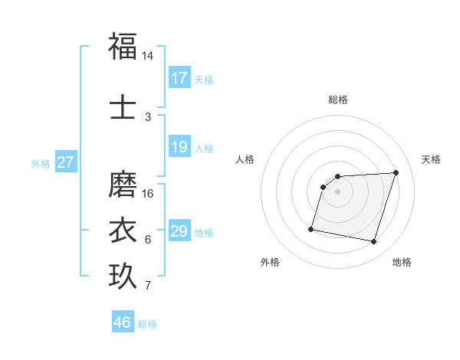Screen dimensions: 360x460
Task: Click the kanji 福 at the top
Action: coord(123,46)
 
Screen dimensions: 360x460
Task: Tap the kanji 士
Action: coord(123,107)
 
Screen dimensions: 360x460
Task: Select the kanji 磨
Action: coord(123,184)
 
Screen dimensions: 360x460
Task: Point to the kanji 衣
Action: coord(123,231)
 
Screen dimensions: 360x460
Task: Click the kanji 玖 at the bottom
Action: coord(123,277)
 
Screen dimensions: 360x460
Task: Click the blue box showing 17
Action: coord(179,78)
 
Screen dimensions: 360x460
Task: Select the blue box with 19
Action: coord(179,147)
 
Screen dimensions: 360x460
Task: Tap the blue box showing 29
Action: coord(179,231)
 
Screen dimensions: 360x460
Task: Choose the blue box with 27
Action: coord(66,162)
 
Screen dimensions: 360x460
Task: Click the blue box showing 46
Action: coord(123,322)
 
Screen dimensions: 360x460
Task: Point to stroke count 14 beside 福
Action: coord(147,56)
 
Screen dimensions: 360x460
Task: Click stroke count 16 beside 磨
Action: coord(147,194)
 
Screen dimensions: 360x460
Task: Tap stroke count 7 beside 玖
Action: coord(147,286)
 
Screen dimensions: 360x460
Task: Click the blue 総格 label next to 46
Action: coord(147,324)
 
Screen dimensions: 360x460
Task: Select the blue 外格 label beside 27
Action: coord(41,163)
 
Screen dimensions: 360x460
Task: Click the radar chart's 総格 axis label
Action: coord(338,100)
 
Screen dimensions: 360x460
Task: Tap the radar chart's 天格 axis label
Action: coord(432,159)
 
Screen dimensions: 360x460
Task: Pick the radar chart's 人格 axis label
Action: coord(245,159)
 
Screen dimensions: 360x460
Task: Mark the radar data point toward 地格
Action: coord(373,242)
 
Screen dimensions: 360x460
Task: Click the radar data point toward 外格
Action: coord(311,228)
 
